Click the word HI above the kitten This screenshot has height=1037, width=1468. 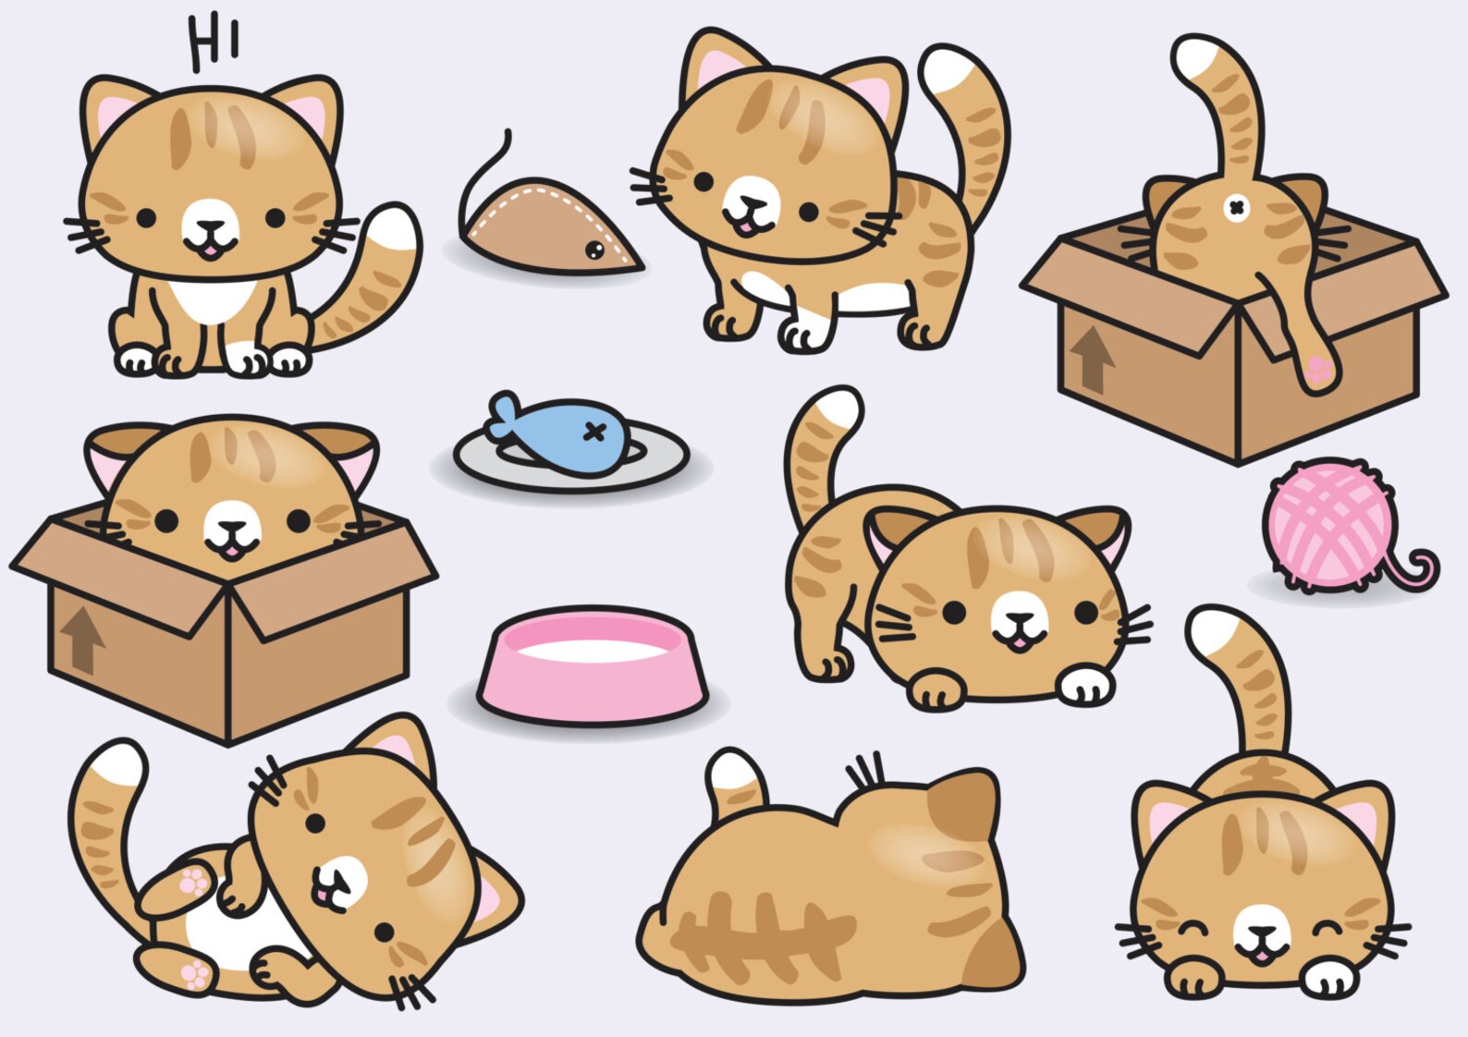[214, 43]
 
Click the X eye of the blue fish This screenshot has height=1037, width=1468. [595, 432]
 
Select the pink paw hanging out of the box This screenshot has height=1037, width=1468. [1320, 372]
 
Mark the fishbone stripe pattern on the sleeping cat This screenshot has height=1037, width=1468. [758, 933]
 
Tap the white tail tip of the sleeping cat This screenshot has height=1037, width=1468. [733, 771]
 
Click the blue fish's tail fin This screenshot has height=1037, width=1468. [505, 416]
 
